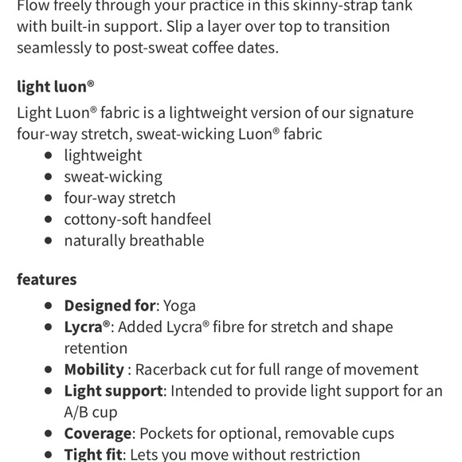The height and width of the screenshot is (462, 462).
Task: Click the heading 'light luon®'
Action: click(x=55, y=86)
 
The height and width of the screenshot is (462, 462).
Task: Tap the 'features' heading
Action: click(x=46, y=279)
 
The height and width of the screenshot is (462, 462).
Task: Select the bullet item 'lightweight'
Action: click(x=103, y=155)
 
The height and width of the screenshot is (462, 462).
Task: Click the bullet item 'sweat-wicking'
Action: click(x=112, y=176)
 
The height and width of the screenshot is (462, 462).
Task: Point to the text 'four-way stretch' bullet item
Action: click(x=119, y=198)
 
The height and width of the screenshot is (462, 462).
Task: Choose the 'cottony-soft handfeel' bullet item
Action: click(x=137, y=219)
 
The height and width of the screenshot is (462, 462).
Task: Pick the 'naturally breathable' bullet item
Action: click(x=134, y=241)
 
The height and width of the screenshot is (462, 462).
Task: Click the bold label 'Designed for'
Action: click(x=109, y=306)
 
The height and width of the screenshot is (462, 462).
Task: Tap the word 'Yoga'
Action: click(x=179, y=306)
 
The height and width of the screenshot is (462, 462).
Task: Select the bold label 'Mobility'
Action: click(x=94, y=370)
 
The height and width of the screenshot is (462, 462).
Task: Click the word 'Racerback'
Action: click(x=172, y=370)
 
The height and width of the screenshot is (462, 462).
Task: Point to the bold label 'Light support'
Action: click(x=113, y=391)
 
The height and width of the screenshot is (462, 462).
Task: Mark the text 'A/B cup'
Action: click(x=90, y=412)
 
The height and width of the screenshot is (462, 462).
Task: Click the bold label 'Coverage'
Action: click(x=97, y=433)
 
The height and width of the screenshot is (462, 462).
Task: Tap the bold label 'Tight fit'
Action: click(x=93, y=454)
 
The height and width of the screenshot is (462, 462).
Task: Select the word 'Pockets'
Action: click(x=166, y=433)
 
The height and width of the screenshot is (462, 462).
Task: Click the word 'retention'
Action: click(x=96, y=348)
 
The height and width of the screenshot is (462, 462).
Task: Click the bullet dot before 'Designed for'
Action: click(x=49, y=306)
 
